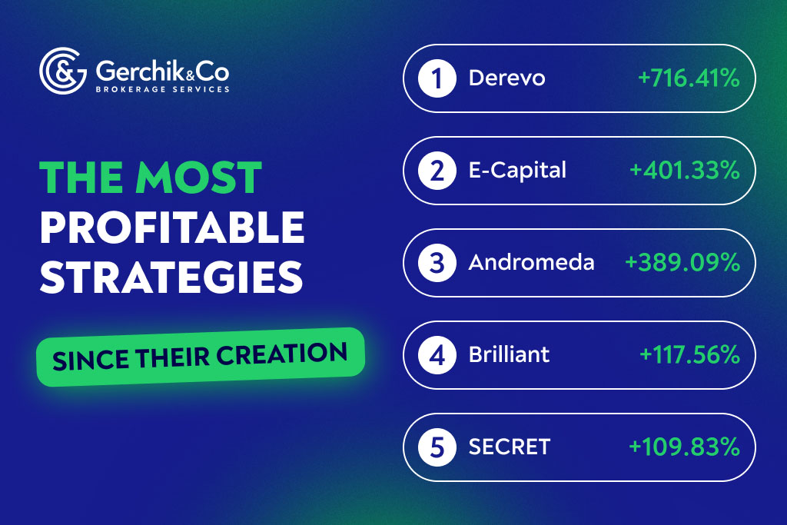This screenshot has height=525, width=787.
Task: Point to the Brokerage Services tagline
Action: coord(162,89)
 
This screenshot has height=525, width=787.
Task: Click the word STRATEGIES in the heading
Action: coord(170,277)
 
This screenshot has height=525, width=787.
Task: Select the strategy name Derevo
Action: coord(506,78)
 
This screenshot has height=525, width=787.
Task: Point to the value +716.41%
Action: coord(688,78)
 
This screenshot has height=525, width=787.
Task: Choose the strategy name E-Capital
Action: coord(517,171)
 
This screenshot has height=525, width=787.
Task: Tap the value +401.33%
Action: coord(684,171)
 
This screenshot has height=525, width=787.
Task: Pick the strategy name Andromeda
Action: coord(531,263)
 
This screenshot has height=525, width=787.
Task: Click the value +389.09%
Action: coord(682,263)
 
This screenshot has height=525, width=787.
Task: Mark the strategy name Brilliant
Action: coord(509,355)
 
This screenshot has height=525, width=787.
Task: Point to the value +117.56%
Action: coord(689,355)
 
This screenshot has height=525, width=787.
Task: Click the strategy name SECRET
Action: coord(509,447)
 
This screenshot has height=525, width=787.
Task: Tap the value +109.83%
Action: coord(684,447)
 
